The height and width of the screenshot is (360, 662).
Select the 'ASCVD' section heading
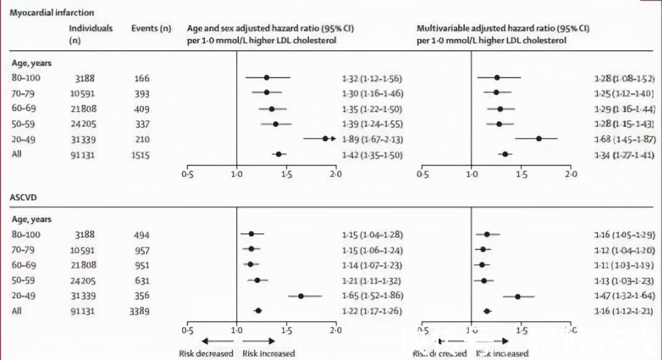[x=23, y=198]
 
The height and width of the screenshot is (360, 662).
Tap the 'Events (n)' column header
[x=151, y=28]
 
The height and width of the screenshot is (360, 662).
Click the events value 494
[x=140, y=235]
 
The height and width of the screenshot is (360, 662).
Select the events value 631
[x=140, y=281]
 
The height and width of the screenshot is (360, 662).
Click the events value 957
[x=140, y=251]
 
